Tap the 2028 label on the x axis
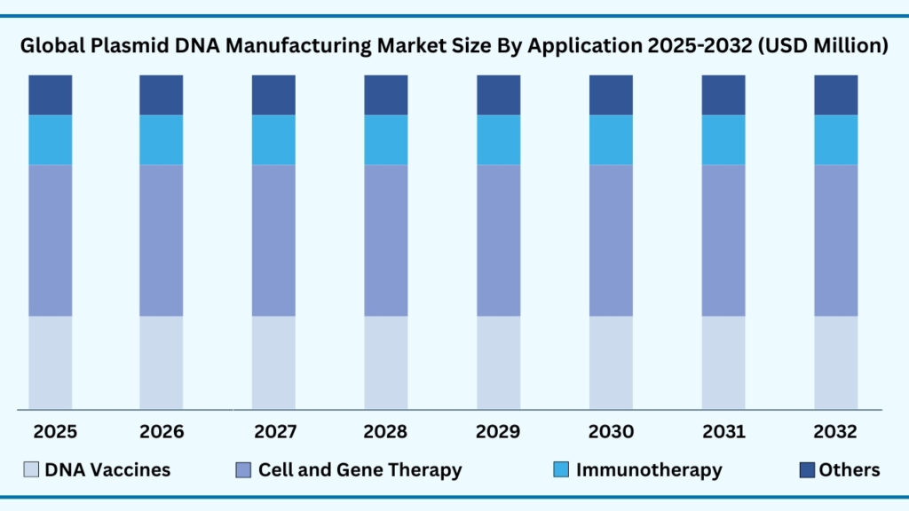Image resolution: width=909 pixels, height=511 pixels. coord(386,432)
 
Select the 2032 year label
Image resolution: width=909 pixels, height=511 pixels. coord(835,432)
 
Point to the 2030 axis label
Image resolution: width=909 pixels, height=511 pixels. coord(611,432)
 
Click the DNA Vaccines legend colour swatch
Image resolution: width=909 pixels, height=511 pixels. coord(32,470)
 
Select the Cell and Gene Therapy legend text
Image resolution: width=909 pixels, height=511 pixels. coord(360,470)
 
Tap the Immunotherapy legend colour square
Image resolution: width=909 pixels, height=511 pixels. coord(560,470)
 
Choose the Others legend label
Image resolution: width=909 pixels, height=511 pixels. coord(850,470)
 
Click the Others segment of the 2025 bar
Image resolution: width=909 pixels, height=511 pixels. coord(51,95)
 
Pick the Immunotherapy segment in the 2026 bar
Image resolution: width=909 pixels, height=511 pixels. coord(162,140)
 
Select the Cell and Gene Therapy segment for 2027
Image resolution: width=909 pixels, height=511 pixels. coord(273,240)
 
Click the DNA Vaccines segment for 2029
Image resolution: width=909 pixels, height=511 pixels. coord(499,363)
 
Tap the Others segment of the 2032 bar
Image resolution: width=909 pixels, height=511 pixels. coord(836,95)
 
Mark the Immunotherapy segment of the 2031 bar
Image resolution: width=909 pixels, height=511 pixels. coord(723,140)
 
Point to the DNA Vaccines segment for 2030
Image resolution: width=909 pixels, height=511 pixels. coord(611,363)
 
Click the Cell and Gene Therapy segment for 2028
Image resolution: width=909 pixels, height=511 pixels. coord(386,240)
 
